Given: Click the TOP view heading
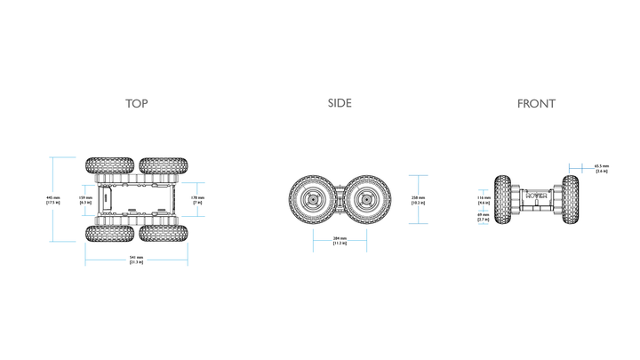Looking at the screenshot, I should pos(136,104).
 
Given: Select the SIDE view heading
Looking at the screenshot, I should pos(340,103).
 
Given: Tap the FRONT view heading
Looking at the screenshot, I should pos(536,104).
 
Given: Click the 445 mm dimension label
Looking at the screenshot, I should pos(52,200).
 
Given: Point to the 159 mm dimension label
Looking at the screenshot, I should pos(85,200).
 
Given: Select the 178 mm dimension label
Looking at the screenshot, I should pos(197,200).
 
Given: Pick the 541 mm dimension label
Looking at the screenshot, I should pos(136,260).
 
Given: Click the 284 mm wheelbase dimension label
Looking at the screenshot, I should pos(340,241).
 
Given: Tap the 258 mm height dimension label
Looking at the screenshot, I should pos(419,200).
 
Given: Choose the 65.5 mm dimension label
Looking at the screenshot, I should pos(602,168).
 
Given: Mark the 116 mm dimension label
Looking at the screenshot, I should pos(484,200).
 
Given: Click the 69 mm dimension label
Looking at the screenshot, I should pos(484,217).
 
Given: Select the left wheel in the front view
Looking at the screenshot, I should pos(503,200).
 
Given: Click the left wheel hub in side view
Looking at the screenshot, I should pos(314,200).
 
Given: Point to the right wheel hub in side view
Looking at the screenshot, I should pos(365,200).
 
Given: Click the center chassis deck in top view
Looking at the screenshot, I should pos(135,200).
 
